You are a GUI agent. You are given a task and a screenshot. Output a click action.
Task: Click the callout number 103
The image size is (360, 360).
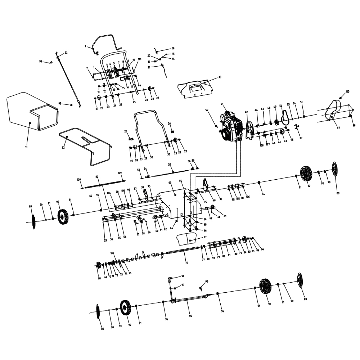(347, 92)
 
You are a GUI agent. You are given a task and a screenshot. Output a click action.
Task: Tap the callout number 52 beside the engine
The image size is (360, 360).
(207, 110)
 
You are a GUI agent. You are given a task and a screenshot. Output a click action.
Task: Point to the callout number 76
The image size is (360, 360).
(186, 263)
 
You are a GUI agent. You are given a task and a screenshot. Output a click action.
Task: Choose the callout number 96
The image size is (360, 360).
(190, 316)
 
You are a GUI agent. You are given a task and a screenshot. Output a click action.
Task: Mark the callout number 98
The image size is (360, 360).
(183, 276)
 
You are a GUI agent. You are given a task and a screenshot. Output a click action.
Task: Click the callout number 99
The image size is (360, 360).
(207, 281)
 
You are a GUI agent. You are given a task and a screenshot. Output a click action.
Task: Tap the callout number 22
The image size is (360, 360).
(66, 53)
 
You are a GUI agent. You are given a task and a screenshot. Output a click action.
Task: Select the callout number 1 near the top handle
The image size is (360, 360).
(86, 46)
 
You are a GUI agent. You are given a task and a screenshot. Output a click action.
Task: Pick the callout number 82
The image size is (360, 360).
(97, 177)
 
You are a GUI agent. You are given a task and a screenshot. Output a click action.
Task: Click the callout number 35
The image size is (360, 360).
(169, 164)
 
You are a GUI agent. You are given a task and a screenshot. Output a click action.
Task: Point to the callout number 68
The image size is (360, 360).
(99, 278)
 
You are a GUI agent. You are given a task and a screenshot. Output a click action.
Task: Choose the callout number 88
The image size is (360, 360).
(354, 125)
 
